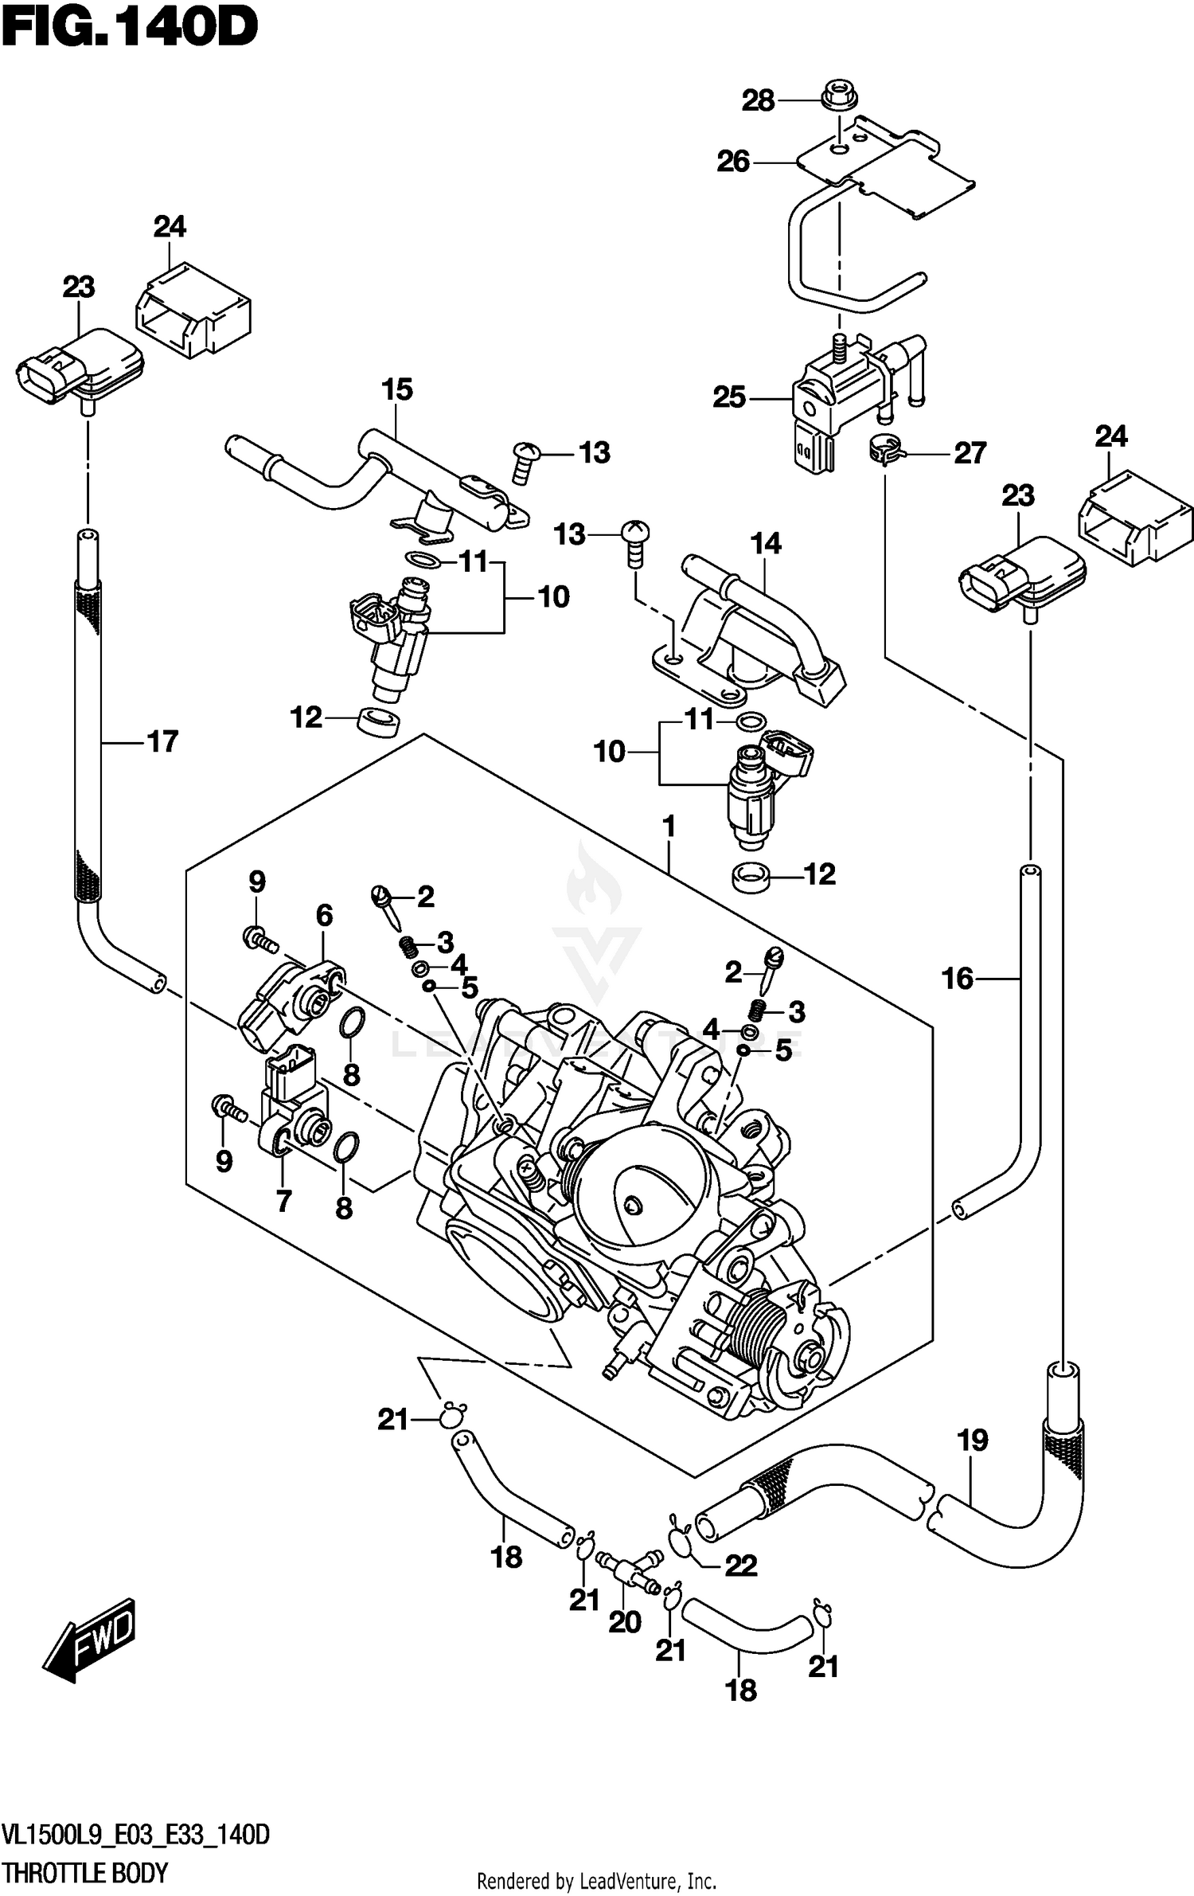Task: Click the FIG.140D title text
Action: (129, 29)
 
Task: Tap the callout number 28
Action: (758, 101)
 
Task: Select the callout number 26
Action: (733, 162)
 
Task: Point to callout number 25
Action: (729, 397)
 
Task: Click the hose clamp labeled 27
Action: (884, 452)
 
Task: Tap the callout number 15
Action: (397, 389)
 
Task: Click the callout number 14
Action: (766, 543)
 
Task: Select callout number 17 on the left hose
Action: (162, 741)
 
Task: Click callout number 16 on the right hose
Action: (957, 978)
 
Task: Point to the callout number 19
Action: (972, 1440)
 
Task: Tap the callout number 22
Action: (740, 1566)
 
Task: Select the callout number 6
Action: (324, 916)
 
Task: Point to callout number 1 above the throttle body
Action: (669, 827)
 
